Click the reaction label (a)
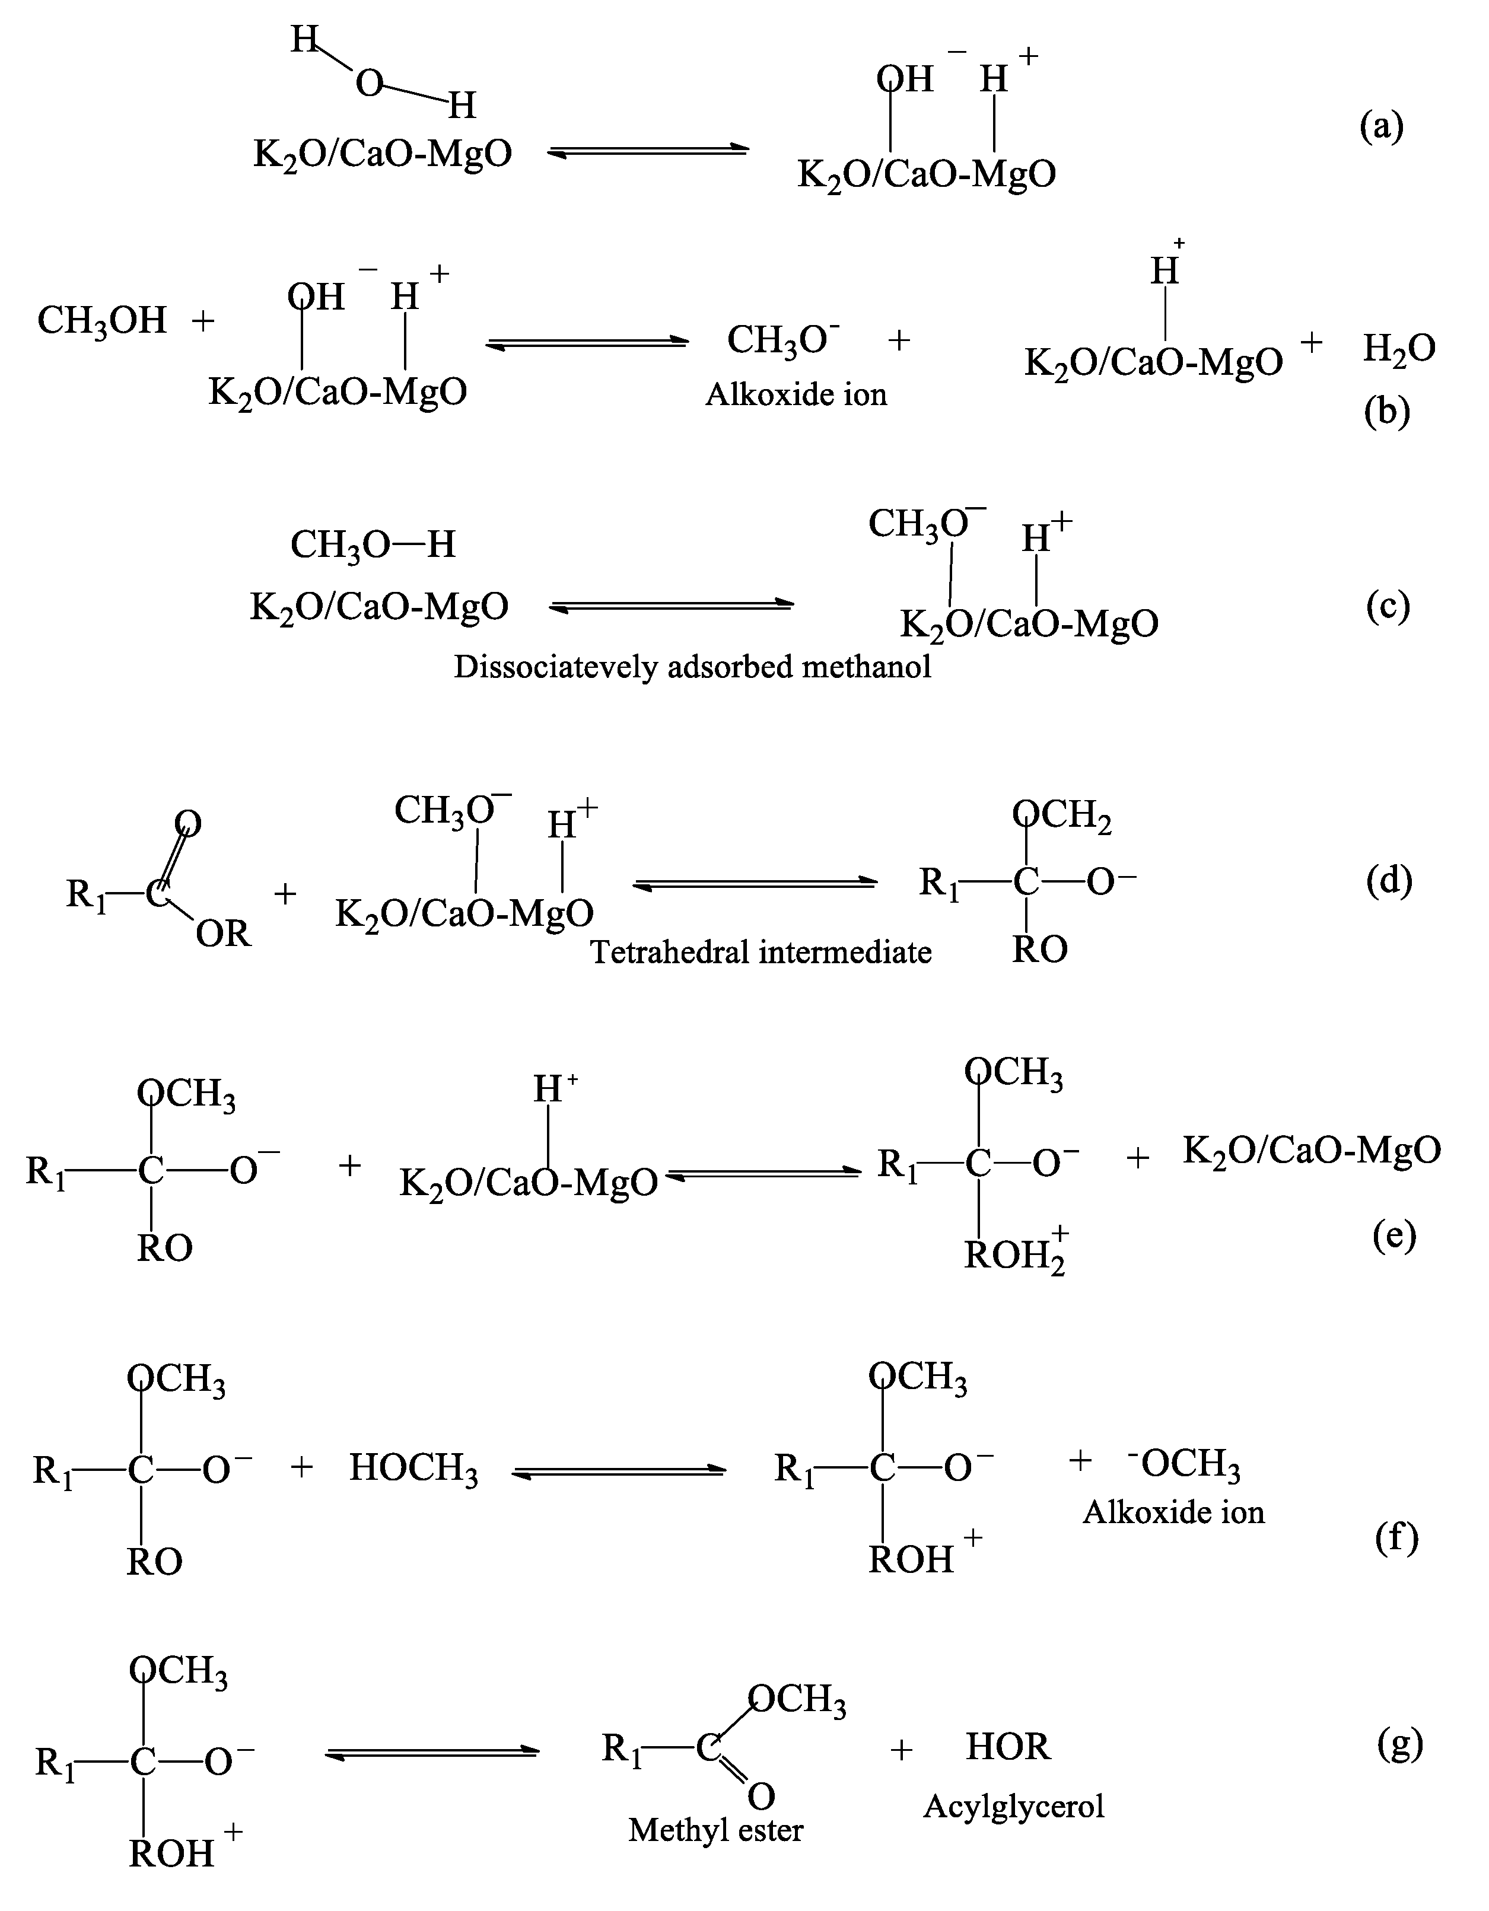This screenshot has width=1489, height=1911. pyautogui.click(x=1382, y=127)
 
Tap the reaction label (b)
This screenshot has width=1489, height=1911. pyautogui.click(x=1386, y=411)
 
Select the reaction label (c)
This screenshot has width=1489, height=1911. pyautogui.click(x=1388, y=606)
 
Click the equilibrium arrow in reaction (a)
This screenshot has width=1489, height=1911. pyautogui.click(x=648, y=152)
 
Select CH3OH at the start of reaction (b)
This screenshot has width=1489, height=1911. pyautogui.click(x=101, y=321)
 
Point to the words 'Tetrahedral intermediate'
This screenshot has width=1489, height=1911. pyautogui.click(x=761, y=951)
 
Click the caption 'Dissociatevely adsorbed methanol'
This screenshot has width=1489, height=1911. pyautogui.click(x=692, y=667)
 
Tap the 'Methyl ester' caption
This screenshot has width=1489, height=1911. pyautogui.click(x=715, y=1830)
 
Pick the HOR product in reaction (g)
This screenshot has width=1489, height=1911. pyautogui.click(x=1007, y=1747)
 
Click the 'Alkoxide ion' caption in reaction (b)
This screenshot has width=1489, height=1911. pyautogui.click(x=796, y=394)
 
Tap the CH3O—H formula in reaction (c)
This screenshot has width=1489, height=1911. pyautogui.click(x=373, y=544)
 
